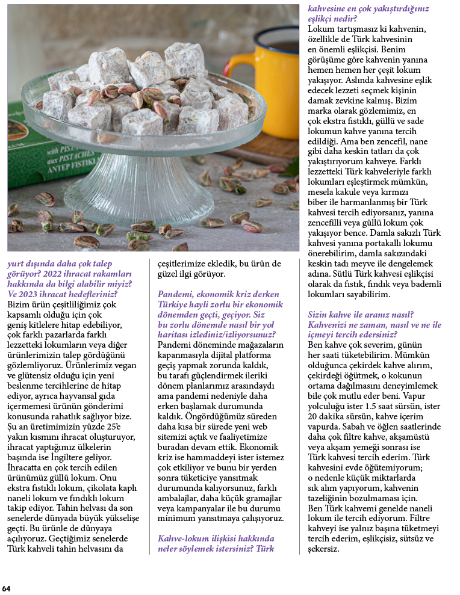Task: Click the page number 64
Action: pos(6,588)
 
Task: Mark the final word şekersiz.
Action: pos(324,549)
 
